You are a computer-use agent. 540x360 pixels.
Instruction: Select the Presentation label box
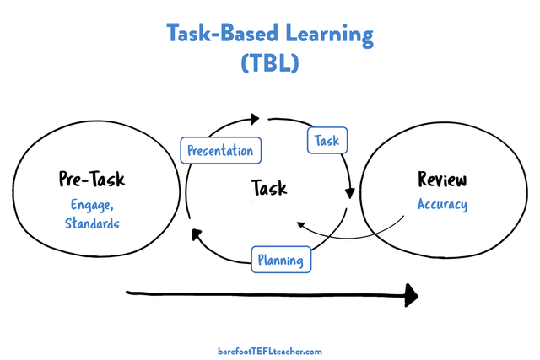tap(220, 152)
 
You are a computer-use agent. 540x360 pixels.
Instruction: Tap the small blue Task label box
tap(327, 140)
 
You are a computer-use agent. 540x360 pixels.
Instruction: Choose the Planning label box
tap(281, 261)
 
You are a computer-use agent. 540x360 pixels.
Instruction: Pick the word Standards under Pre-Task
tap(92, 223)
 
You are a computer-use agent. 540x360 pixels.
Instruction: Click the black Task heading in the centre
tap(269, 187)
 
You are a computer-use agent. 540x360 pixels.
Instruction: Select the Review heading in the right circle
tap(442, 180)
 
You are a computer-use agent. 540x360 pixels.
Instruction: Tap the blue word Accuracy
tap(442, 205)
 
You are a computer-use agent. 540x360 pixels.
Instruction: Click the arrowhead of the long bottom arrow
tap(410, 294)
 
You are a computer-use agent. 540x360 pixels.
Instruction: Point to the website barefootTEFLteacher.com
tap(270, 351)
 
